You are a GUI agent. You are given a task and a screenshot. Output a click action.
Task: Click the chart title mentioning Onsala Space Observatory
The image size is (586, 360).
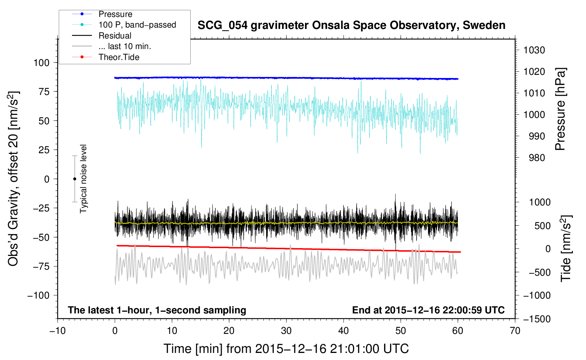point(351,25)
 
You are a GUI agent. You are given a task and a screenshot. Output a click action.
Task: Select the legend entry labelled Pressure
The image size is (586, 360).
point(115,14)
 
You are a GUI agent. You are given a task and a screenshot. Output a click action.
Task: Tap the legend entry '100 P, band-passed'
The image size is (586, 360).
point(137,25)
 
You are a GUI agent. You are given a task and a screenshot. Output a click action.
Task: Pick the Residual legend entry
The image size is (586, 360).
point(115,36)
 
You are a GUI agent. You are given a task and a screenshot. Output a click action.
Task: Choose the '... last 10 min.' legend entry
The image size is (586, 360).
point(125,46)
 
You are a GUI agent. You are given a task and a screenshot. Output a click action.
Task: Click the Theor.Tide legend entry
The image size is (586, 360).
point(119,57)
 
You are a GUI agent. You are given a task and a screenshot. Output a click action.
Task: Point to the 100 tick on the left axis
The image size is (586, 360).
point(41,63)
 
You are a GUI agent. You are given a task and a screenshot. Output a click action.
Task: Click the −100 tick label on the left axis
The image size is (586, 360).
point(38,295)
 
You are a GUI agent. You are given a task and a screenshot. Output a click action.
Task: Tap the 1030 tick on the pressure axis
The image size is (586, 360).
point(534,50)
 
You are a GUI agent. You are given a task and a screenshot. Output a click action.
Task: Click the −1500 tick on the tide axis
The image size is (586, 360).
point(537,319)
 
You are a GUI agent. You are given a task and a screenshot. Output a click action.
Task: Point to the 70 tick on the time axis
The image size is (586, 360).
point(515,331)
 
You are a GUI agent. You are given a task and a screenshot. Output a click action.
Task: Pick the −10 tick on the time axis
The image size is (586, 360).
point(57,331)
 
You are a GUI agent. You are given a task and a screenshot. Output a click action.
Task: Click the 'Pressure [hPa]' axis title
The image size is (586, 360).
point(561,109)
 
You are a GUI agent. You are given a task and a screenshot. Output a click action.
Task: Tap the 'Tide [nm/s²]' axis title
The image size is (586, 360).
point(566,248)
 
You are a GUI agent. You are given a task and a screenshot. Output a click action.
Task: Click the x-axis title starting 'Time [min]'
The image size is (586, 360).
point(286,349)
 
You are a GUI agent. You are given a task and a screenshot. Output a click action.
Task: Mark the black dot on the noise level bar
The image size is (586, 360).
point(74,179)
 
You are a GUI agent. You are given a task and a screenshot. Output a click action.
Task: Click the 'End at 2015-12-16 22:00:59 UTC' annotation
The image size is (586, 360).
point(428,310)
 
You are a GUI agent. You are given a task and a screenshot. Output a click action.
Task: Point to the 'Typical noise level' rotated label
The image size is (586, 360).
point(83,179)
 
